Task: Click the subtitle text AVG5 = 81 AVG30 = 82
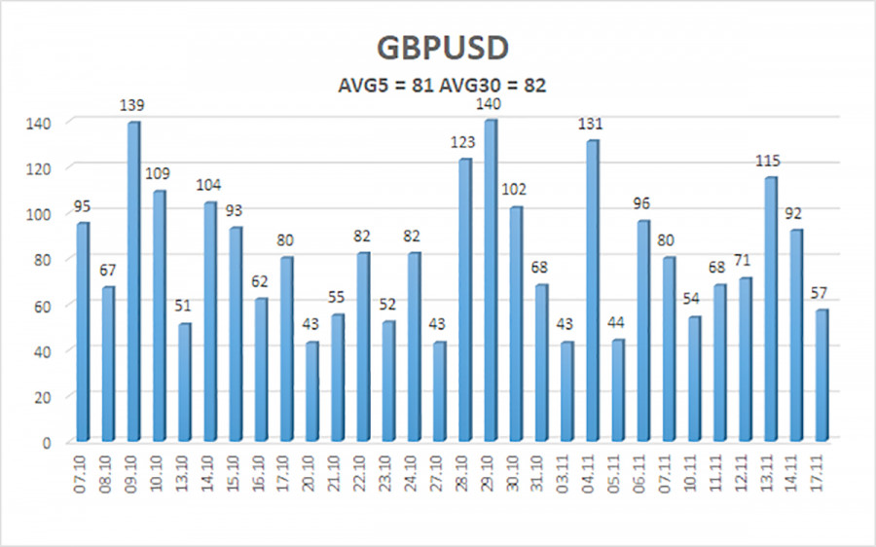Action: coord(437,86)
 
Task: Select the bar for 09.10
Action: coord(132,282)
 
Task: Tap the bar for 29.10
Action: coord(490,282)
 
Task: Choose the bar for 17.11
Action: coord(821,376)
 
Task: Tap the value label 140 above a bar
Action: coord(491,100)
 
